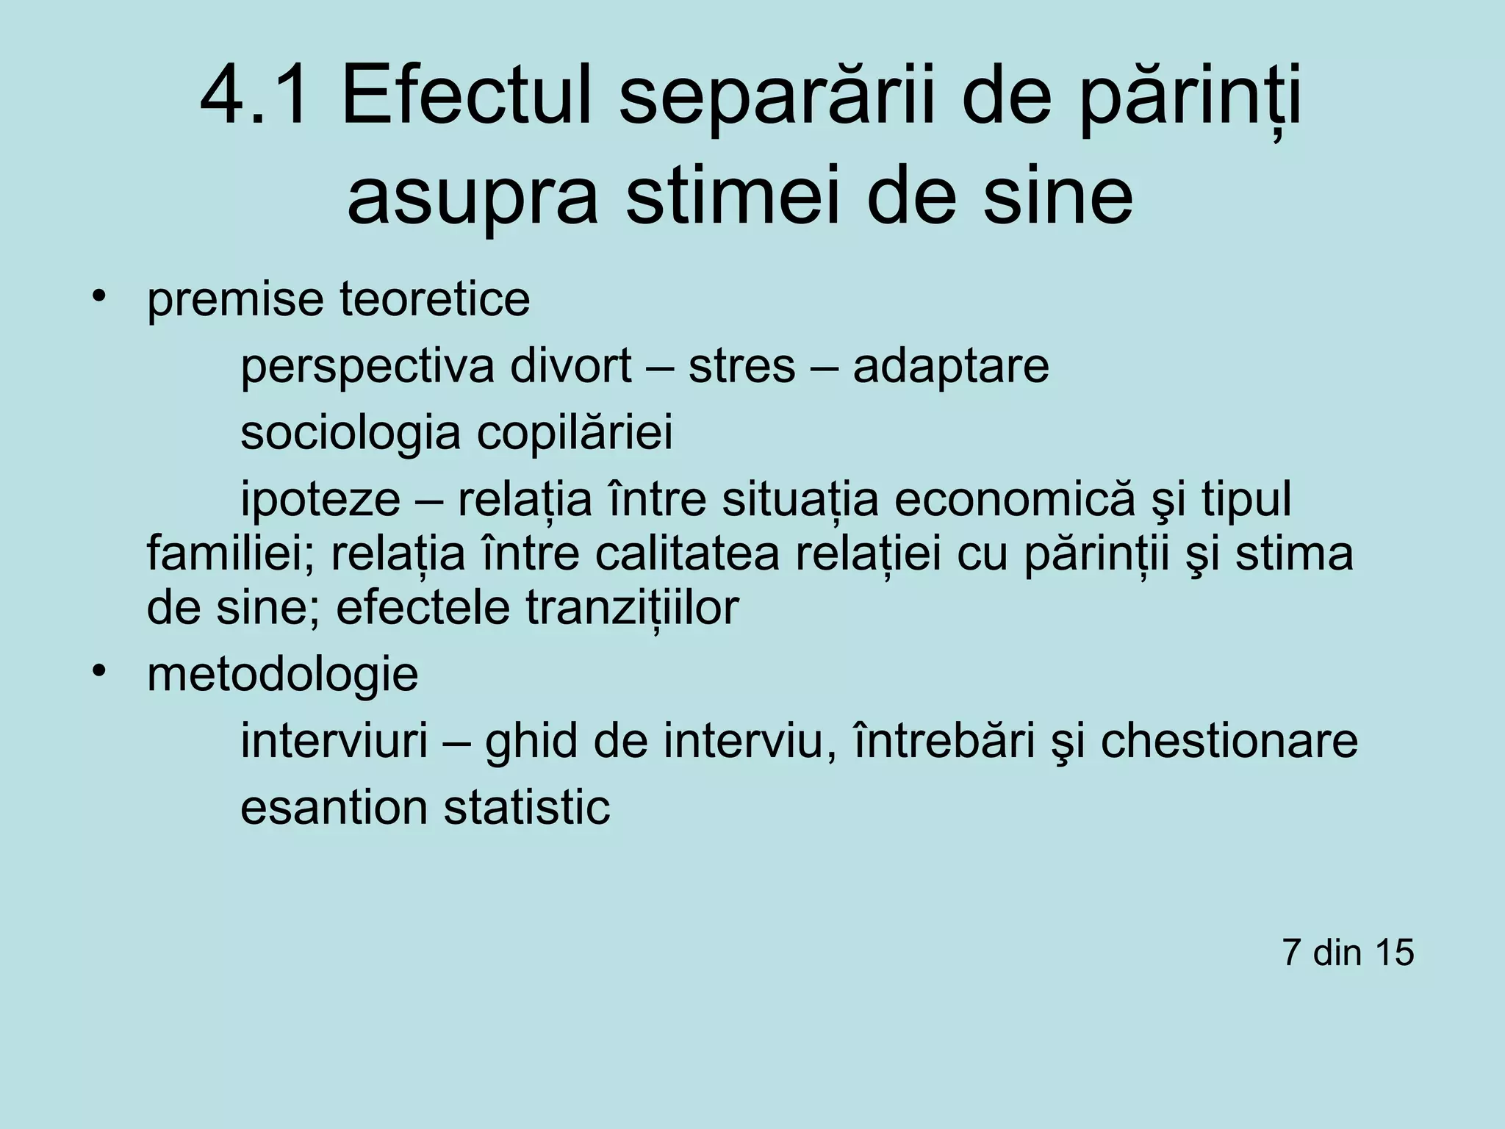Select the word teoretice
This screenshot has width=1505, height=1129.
click(x=434, y=299)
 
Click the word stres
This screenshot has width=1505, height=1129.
click(x=741, y=367)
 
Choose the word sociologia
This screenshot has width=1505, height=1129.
click(x=350, y=434)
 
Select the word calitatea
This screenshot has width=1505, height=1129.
click(x=686, y=554)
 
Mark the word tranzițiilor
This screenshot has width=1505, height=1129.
click(x=632, y=608)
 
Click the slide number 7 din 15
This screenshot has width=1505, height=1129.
click(x=1348, y=953)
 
